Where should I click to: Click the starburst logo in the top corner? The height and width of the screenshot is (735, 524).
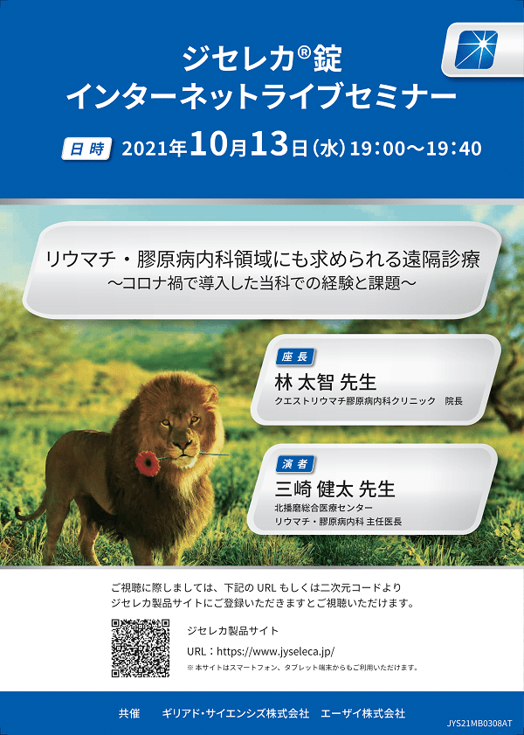pos(476,50)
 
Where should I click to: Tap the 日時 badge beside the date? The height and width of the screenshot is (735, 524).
pos(87,149)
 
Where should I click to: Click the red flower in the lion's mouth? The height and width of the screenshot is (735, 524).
pos(148,463)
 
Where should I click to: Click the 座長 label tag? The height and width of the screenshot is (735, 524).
pos(294,357)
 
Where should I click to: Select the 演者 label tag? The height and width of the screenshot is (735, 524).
pos(294,463)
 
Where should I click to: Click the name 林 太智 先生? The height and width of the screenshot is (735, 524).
pos(326,383)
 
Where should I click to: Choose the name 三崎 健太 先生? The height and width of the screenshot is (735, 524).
pos(334,489)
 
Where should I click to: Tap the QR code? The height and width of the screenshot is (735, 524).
pos(141,648)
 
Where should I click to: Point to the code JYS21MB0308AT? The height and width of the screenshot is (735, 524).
pos(484,724)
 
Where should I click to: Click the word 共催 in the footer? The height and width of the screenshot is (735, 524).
pos(129,713)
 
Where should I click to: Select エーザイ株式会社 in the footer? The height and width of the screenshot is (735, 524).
pos(362,713)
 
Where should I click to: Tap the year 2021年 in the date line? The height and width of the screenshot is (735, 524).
pos(155,148)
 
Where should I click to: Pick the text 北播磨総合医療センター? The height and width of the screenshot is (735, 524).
pos(324,508)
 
